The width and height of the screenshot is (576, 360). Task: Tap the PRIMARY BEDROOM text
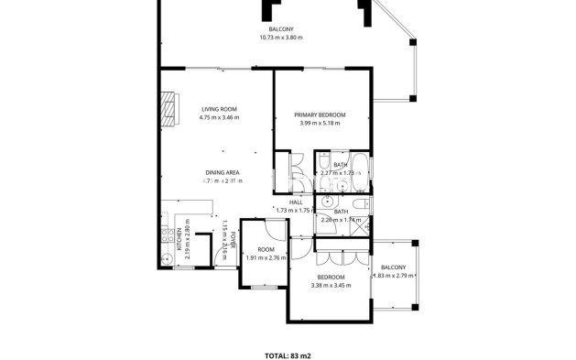click(320, 115)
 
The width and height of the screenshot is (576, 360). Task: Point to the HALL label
click(296, 202)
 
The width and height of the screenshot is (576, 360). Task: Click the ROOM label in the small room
click(266, 249)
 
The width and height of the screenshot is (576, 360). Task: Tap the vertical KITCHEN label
click(179, 240)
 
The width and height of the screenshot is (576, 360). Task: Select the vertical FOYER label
click(233, 240)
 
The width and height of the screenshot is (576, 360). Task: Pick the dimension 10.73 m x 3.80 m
click(280, 38)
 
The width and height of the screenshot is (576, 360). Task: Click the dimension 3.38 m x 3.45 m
click(331, 286)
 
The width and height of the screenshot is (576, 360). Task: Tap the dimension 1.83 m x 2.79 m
click(393, 276)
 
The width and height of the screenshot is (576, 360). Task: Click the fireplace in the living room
click(168, 106)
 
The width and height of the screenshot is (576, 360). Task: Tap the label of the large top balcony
click(280, 29)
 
